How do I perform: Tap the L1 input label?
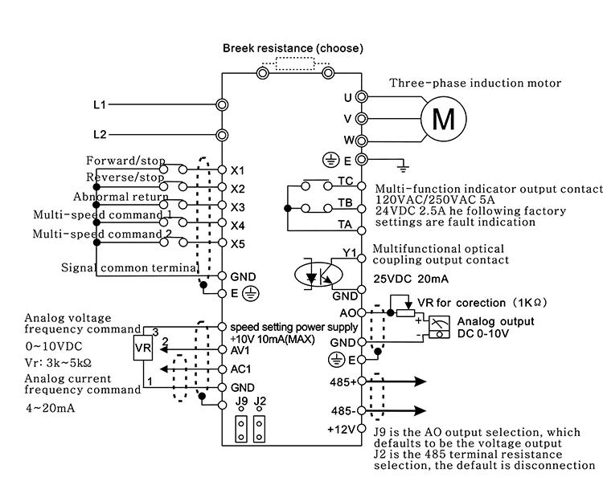pyautogui.click(x=100, y=104)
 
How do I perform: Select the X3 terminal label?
pyautogui.click(x=238, y=207)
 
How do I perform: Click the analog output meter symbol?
pyautogui.click(x=439, y=327)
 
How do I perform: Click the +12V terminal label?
pyautogui.click(x=342, y=429)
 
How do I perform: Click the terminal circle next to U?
pyautogui.click(x=362, y=97)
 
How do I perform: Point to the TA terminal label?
pyautogui.click(x=345, y=224)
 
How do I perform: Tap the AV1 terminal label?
pyautogui.click(x=240, y=350)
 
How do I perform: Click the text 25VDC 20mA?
pyautogui.click(x=411, y=279)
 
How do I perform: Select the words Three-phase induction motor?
pyautogui.click(x=475, y=83)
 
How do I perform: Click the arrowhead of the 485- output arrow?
pyautogui.click(x=420, y=410)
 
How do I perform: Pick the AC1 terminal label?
pyautogui.click(x=240, y=369)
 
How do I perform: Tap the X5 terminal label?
pyautogui.click(x=238, y=244)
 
